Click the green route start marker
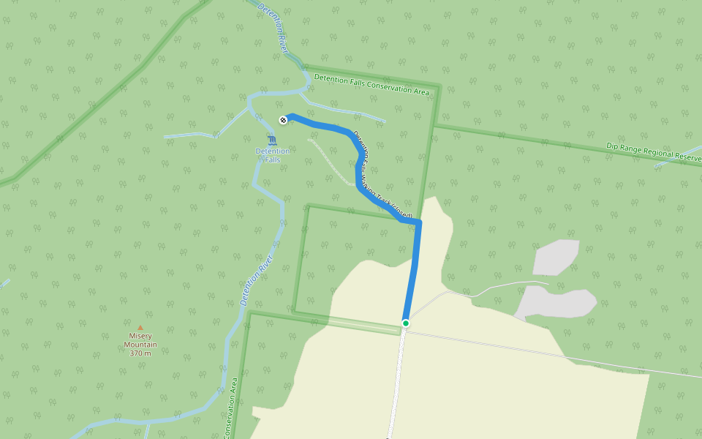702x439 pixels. [405, 323]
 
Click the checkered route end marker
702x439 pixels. [283, 120]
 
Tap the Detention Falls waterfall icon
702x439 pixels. [272, 140]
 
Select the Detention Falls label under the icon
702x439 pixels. [272, 155]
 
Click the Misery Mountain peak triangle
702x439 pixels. [140, 328]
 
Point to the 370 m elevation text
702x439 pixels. [140, 353]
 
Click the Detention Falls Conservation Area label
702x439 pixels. [371, 84]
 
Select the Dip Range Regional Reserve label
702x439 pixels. [653, 151]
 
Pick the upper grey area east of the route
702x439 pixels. [556, 257]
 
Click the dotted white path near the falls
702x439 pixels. [333, 162]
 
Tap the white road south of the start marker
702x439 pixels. [396, 380]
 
